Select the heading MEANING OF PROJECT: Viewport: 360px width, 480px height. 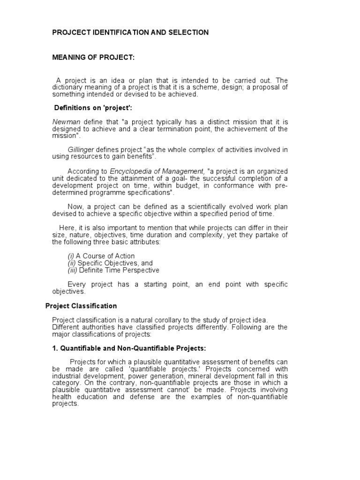(x=93, y=57)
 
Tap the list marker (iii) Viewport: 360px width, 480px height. (x=73, y=270)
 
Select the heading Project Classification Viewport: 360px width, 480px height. (x=81, y=306)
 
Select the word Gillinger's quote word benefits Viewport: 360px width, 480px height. (x=139, y=157)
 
